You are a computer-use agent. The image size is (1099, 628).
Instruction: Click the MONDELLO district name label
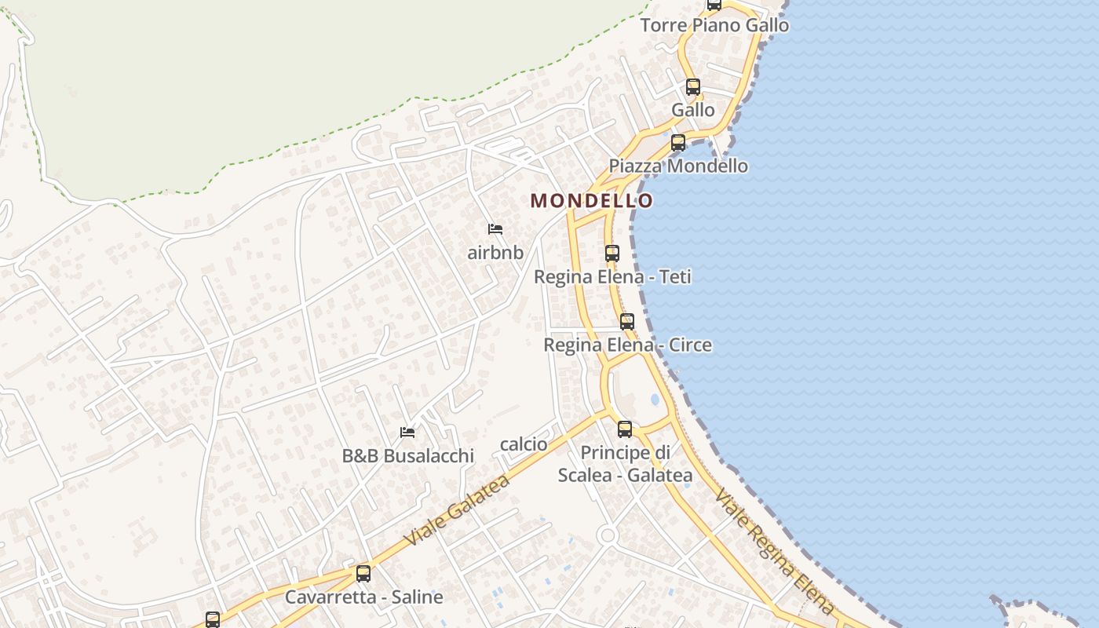pyautogui.click(x=591, y=201)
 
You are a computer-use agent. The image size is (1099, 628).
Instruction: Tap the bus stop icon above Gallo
pyautogui.click(x=692, y=86)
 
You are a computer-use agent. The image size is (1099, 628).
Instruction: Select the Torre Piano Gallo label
pyautogui.click(x=714, y=25)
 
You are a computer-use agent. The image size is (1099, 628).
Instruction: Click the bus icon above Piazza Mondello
pyautogui.click(x=678, y=143)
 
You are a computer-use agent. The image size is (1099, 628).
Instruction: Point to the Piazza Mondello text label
pyautogui.click(x=678, y=166)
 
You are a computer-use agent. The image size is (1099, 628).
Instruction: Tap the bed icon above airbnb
pyautogui.click(x=495, y=229)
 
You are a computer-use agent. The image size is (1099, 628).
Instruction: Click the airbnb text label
pyautogui.click(x=495, y=253)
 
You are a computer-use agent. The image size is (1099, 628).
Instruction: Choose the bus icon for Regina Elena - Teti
pyautogui.click(x=612, y=254)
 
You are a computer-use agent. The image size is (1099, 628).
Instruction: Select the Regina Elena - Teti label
pyautogui.click(x=612, y=277)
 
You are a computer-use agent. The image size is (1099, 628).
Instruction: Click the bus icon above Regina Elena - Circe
pyautogui.click(x=626, y=321)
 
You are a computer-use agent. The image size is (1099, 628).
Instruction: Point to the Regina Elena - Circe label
pyautogui.click(x=627, y=345)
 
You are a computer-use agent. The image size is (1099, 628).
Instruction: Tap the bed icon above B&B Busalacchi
pyautogui.click(x=407, y=432)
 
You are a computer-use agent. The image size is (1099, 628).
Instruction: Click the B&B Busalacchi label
pyautogui.click(x=407, y=456)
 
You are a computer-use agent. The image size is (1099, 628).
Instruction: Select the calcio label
pyautogui.click(x=524, y=444)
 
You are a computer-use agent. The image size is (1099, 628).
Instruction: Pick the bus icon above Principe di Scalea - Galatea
pyautogui.click(x=625, y=429)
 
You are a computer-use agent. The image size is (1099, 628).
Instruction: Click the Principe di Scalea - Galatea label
pyautogui.click(x=625, y=464)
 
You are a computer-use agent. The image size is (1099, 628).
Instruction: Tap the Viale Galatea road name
pyautogui.click(x=457, y=510)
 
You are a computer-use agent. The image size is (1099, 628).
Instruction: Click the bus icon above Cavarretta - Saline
pyautogui.click(x=363, y=573)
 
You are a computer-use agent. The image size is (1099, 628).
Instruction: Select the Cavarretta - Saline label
pyautogui.click(x=363, y=597)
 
